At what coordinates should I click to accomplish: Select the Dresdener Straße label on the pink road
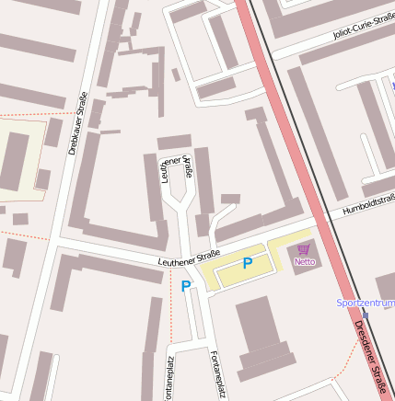pos(373,359)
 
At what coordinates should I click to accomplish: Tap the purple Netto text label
pos(304,261)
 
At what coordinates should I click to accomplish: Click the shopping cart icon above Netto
pos(304,249)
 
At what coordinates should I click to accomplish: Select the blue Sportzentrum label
pos(366,302)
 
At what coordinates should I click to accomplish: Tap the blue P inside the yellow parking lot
pos(247,264)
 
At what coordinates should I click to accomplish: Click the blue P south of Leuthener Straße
pos(185,286)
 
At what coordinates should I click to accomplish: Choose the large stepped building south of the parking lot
pos(261,336)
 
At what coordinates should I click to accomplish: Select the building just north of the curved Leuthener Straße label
pos(174,142)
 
